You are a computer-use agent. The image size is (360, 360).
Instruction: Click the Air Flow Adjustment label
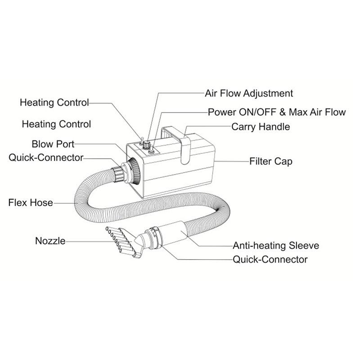point(249,94)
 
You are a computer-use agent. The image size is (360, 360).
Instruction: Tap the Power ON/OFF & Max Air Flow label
point(277,112)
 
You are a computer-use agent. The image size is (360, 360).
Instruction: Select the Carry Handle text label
point(261,127)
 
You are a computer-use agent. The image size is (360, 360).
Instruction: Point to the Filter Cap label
point(271,161)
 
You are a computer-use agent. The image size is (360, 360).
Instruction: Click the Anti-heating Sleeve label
point(276,246)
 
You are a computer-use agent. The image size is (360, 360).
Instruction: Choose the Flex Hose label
point(30,202)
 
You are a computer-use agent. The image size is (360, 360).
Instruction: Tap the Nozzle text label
point(50,241)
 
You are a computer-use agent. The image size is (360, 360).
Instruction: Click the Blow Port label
point(53,144)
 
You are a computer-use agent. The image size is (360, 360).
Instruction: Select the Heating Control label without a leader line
point(56,124)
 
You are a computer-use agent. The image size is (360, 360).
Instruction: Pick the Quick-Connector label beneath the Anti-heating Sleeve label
point(270,260)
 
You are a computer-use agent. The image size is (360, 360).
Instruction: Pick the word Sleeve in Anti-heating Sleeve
point(304,246)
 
